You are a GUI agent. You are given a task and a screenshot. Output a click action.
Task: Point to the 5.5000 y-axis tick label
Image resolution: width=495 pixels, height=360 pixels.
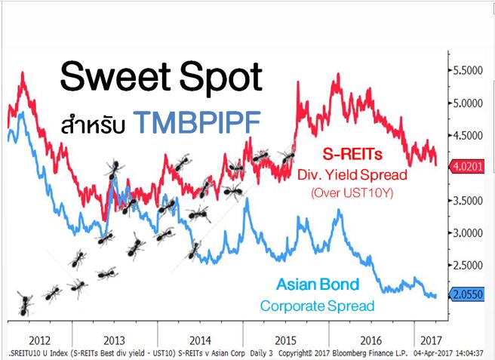pos(466,69)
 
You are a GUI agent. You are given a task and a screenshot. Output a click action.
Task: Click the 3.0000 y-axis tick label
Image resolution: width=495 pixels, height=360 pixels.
pos(466,233)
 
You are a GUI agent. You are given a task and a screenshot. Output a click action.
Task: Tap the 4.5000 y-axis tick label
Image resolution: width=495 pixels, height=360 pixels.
pos(466,135)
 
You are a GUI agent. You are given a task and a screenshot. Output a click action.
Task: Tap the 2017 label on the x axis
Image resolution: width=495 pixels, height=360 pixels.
pos(430,339)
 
